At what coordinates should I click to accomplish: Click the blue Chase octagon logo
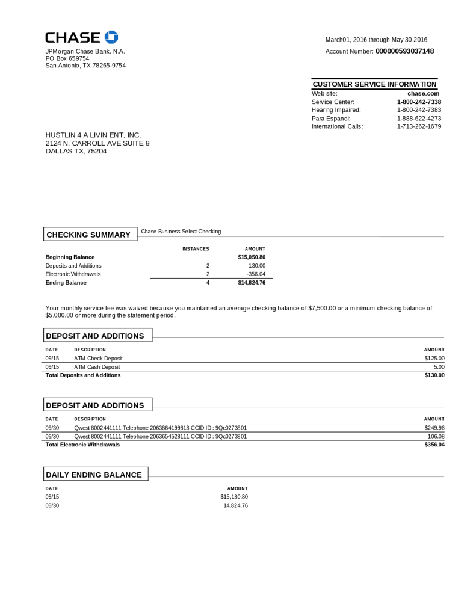point(111,37)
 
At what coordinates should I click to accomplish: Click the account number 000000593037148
point(404,51)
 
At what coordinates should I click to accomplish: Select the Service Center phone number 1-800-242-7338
point(419,102)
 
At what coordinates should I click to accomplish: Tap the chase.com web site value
point(424,94)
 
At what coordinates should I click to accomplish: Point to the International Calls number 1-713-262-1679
point(419,126)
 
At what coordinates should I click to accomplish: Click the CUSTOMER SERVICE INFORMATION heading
point(374,84)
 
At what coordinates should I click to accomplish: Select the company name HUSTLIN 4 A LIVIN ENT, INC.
point(93,135)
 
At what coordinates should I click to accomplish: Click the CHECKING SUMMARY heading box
point(88,235)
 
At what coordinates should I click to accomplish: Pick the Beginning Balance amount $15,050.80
point(252,257)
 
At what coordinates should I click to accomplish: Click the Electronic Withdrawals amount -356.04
point(256,274)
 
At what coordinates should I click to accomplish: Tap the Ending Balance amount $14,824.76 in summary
point(252,282)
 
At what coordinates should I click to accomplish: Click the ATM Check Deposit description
point(98,359)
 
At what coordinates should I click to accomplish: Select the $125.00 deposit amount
point(434,359)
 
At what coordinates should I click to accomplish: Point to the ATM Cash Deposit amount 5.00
point(439,367)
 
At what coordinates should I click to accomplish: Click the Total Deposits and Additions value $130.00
point(434,375)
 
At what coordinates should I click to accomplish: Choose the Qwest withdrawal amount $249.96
point(434,428)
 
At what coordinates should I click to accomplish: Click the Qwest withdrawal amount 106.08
point(436,436)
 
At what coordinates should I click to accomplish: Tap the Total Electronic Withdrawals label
point(82,445)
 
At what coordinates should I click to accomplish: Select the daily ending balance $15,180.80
point(234,497)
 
